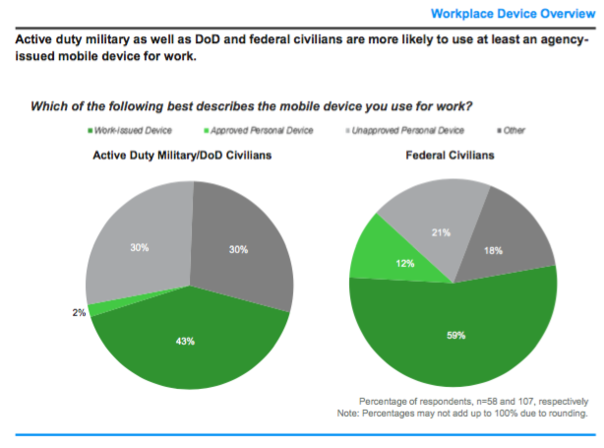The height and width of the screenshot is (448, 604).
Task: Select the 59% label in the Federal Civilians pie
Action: point(454,334)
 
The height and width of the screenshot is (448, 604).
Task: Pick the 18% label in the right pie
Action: point(493,252)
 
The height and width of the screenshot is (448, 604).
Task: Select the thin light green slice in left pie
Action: point(98,307)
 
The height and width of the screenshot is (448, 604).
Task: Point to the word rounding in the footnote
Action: point(563,414)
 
